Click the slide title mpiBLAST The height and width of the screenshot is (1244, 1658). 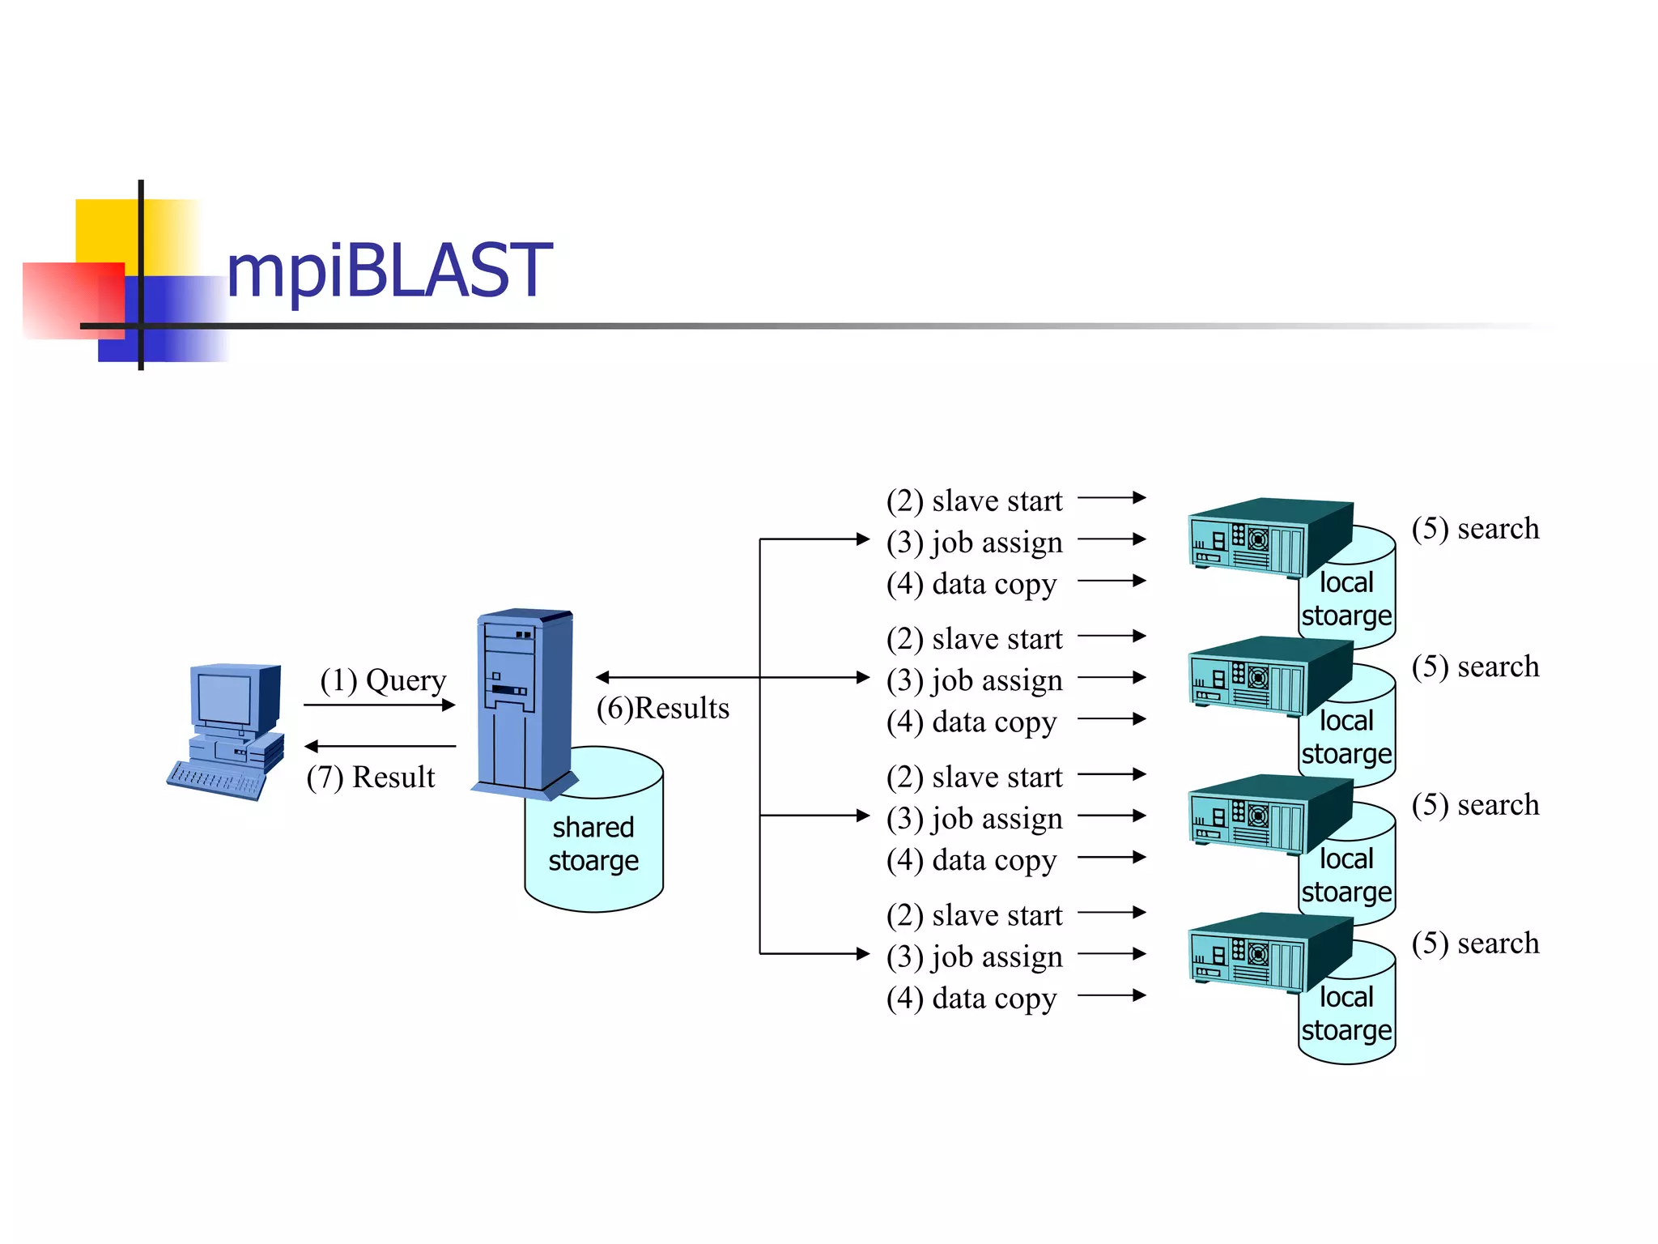[389, 271]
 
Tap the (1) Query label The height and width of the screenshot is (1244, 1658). [383, 680]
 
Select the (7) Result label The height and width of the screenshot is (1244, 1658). [371, 777]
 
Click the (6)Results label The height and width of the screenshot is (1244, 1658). [662, 708]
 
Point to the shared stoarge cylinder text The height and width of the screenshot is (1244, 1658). [593, 844]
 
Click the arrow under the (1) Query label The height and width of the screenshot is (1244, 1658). [379, 705]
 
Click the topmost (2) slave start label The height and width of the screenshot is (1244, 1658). [974, 501]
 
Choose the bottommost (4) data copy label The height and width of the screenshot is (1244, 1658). [971, 999]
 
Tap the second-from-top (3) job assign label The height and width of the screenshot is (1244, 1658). [974, 680]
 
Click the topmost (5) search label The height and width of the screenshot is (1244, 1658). [1475, 529]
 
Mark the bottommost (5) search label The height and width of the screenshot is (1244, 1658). [1475, 944]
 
